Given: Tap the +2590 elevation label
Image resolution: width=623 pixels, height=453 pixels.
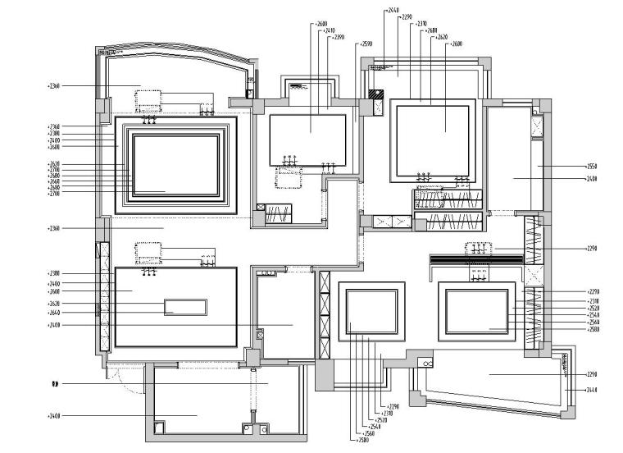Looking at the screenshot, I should [x=366, y=43].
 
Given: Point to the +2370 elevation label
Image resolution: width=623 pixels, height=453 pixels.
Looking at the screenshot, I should [x=421, y=24].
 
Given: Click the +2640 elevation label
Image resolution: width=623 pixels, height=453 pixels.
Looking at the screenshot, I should [x=54, y=313].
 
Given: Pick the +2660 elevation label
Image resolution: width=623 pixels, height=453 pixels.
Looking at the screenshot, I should [x=54, y=181].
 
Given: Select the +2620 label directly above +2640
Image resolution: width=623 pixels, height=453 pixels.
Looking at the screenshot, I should [x=54, y=304].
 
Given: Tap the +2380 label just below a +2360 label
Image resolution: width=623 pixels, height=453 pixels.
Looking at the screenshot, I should [x=54, y=133].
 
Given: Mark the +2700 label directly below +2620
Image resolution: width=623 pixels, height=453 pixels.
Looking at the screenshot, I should [x=54, y=170].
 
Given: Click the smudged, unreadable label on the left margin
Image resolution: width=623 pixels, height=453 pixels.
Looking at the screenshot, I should [x=54, y=383].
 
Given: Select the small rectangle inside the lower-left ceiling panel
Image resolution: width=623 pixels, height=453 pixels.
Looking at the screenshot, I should [x=185, y=307].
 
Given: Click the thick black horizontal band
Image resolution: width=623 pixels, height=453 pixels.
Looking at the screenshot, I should [x=476, y=259].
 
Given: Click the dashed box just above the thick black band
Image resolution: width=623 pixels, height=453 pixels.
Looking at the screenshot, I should [x=475, y=248].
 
